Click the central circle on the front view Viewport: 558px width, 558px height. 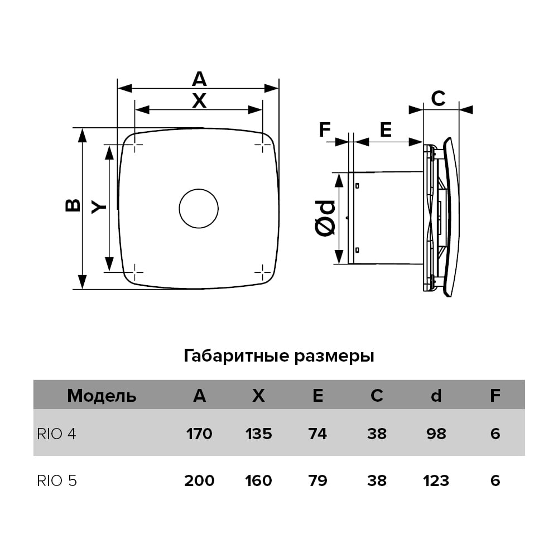click(x=199, y=208)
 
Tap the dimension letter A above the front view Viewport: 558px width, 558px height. click(x=199, y=79)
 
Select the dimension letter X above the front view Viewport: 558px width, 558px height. click(x=199, y=101)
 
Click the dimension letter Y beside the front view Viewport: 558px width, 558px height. click(x=99, y=207)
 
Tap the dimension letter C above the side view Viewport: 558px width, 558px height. click(x=439, y=99)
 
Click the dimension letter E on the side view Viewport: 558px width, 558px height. click(x=386, y=130)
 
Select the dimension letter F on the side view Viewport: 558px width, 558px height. click(x=324, y=130)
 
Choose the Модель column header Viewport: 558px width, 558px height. click(x=102, y=396)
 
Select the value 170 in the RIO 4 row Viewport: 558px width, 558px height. click(x=199, y=434)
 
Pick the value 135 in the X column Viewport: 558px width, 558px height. click(x=258, y=434)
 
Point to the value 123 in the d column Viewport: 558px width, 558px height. click(x=436, y=480)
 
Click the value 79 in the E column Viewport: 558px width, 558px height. click(x=318, y=480)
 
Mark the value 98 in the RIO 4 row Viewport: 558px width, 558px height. click(x=436, y=434)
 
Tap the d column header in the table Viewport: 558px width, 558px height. click(x=436, y=396)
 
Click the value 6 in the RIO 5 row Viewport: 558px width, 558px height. click(x=495, y=480)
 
